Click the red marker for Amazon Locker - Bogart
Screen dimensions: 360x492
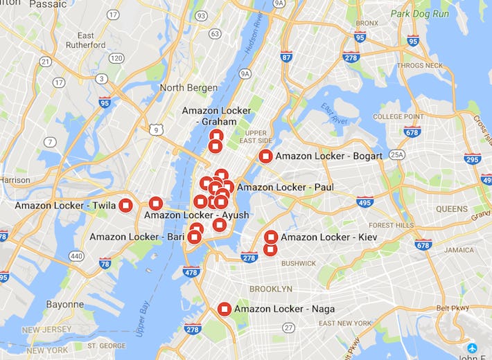(265, 156)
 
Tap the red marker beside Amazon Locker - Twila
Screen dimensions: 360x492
(125, 205)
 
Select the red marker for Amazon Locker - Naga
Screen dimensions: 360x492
(224, 309)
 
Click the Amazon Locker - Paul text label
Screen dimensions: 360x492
(285, 187)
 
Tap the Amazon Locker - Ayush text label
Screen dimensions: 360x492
(196, 215)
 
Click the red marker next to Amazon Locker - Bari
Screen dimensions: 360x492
(194, 237)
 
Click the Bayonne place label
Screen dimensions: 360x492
(64, 304)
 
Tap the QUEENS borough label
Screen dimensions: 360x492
(452, 208)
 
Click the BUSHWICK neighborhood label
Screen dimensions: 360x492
(299, 263)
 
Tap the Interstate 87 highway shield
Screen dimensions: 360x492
(287, 57)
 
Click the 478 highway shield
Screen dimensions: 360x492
(192, 271)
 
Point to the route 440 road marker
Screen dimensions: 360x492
(76, 256)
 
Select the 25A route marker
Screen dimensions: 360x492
(396, 154)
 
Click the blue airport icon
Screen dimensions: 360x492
(472, 348)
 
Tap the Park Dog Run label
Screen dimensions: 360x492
(419, 13)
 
